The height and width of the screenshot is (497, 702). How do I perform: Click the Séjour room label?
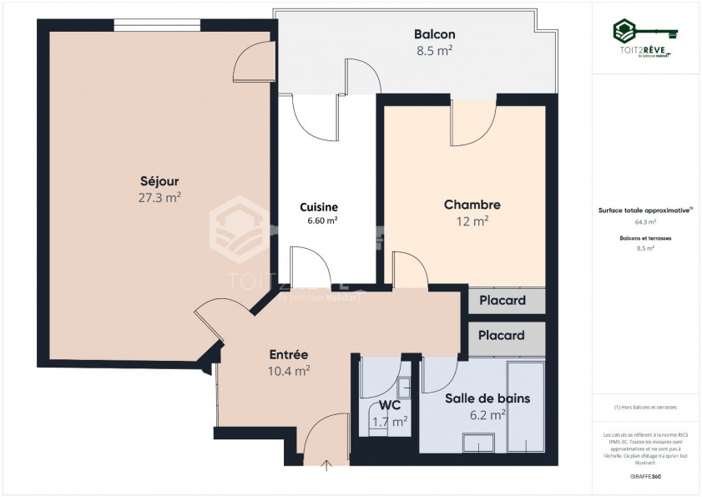[159, 180]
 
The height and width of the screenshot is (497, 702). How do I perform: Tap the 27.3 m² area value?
[159, 198]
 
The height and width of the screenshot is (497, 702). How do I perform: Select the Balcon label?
[434, 34]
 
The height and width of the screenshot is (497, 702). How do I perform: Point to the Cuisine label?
[319, 207]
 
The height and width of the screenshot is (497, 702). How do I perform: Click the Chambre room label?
[472, 205]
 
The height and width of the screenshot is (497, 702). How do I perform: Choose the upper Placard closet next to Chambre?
[502, 301]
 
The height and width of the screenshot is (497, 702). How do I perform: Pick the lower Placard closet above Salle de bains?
[502, 335]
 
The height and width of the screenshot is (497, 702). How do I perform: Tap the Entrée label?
[289, 354]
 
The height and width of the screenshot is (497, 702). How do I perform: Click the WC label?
[390, 405]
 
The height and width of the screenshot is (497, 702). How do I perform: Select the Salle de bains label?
[487, 398]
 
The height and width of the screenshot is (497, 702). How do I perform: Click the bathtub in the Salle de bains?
[526, 407]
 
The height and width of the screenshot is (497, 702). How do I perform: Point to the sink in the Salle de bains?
[479, 442]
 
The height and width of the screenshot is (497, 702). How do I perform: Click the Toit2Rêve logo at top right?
[645, 39]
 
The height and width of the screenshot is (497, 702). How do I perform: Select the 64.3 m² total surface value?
[645, 223]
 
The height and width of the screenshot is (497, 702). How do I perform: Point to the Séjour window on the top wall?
[157, 25]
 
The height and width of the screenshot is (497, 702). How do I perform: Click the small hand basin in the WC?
[403, 387]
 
